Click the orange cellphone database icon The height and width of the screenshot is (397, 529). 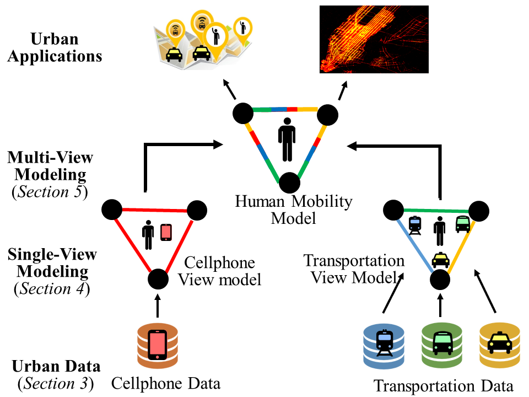click(x=158, y=346)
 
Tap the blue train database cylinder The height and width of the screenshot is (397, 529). click(x=384, y=346)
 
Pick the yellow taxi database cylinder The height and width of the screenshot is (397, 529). click(x=500, y=346)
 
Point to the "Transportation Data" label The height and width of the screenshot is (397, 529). click(x=444, y=385)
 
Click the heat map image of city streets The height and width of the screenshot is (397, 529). click(x=374, y=39)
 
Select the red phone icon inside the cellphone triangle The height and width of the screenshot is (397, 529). click(x=166, y=233)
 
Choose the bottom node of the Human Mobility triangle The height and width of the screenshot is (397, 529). click(x=289, y=183)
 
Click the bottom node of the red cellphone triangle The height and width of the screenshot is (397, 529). click(x=158, y=279)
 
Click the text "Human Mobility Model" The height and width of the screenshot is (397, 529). click(x=293, y=210)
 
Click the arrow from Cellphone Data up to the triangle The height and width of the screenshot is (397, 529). click(x=158, y=305)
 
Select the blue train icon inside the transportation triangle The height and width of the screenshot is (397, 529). click(x=415, y=224)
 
